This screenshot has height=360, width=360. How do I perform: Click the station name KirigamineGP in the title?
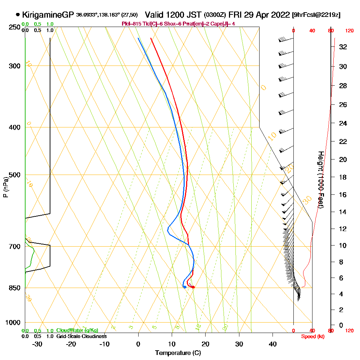(x=48, y=15)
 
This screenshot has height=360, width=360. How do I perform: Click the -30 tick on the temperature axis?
(x=37, y=344)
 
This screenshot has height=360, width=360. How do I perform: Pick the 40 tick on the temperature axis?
(x=273, y=344)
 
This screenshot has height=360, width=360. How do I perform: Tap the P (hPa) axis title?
(x=5, y=187)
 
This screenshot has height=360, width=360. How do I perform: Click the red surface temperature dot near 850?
(x=193, y=287)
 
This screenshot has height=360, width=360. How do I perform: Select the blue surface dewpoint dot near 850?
(x=185, y=287)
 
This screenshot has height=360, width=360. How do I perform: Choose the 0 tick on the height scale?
(x=341, y=325)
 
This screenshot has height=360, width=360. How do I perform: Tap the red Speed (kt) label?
(x=312, y=336)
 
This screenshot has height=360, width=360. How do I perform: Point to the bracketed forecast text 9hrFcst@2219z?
(x=316, y=15)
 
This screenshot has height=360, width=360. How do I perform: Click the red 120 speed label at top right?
(x=349, y=31)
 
